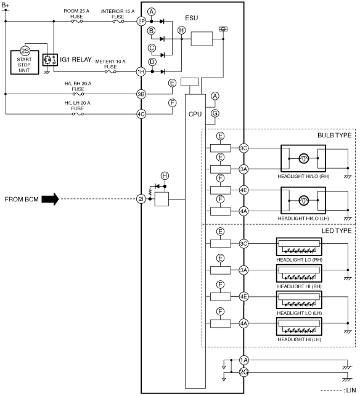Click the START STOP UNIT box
coord(25,62)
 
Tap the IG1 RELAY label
coord(76,60)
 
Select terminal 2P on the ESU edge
coord(141,22)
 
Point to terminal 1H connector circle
coord(141,71)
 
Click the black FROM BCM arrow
coord(50,200)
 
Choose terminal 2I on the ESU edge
coord(141,199)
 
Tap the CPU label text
coord(195,114)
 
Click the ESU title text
coord(192,18)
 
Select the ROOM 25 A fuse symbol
coord(77,22)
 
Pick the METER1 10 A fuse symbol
coord(110,71)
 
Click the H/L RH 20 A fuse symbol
coord(78,94)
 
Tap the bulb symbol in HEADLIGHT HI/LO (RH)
coord(304,159)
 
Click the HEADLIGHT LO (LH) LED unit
coord(299,300)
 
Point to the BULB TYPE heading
coord(335,135)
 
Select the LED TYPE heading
coord(337,231)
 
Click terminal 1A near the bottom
coord(243,360)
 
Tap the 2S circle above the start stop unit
coord(25,51)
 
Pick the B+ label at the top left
coord(6,5)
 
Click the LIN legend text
coord(351,390)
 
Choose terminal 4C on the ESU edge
coord(141,114)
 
